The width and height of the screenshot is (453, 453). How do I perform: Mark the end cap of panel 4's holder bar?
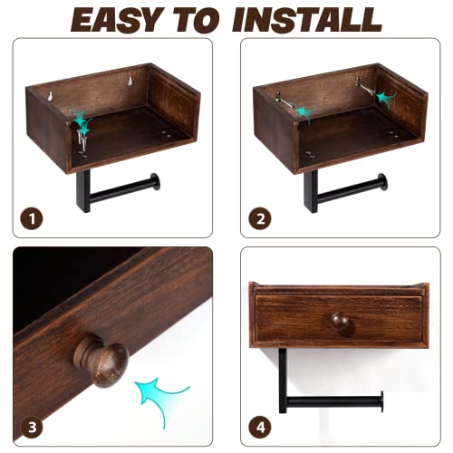tap(379, 399)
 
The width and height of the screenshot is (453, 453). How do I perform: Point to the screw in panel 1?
tap(84, 136)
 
